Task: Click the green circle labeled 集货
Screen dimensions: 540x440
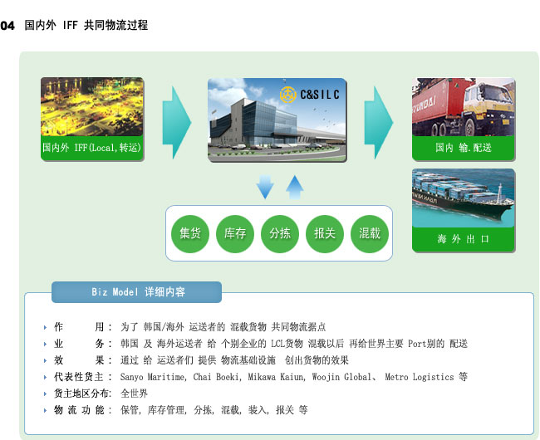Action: [190, 234]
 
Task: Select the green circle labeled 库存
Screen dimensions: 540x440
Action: [235, 234]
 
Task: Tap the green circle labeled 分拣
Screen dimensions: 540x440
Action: [280, 234]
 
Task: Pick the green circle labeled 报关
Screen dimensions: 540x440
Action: [325, 234]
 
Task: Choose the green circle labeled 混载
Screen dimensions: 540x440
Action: [370, 234]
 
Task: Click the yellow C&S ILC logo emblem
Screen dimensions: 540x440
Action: [288, 95]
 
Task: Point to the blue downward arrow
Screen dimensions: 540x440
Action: [265, 187]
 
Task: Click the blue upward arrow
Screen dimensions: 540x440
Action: [295, 188]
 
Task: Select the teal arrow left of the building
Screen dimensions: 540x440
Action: [177, 123]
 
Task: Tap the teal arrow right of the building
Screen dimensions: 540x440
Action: [379, 123]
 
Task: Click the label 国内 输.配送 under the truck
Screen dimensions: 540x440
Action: [464, 148]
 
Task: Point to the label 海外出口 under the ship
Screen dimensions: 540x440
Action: [464, 239]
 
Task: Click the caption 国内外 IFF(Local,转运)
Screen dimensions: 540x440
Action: [91, 148]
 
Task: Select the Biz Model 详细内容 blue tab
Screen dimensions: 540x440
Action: [136, 292]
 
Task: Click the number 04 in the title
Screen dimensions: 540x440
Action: [7, 26]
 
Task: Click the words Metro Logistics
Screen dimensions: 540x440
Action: [419, 377]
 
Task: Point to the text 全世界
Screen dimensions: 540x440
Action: [134, 394]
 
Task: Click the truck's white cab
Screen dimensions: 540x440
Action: [489, 100]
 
